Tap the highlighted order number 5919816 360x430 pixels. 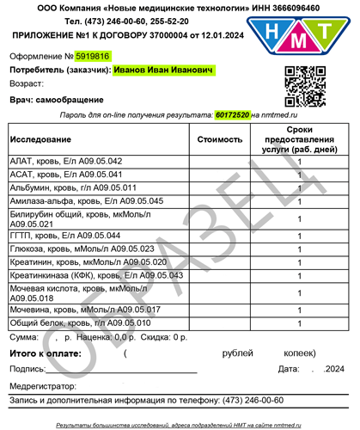(94, 56)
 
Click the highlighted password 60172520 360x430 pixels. (232, 114)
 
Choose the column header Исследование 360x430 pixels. (40, 138)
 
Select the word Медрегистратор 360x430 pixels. (45, 384)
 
